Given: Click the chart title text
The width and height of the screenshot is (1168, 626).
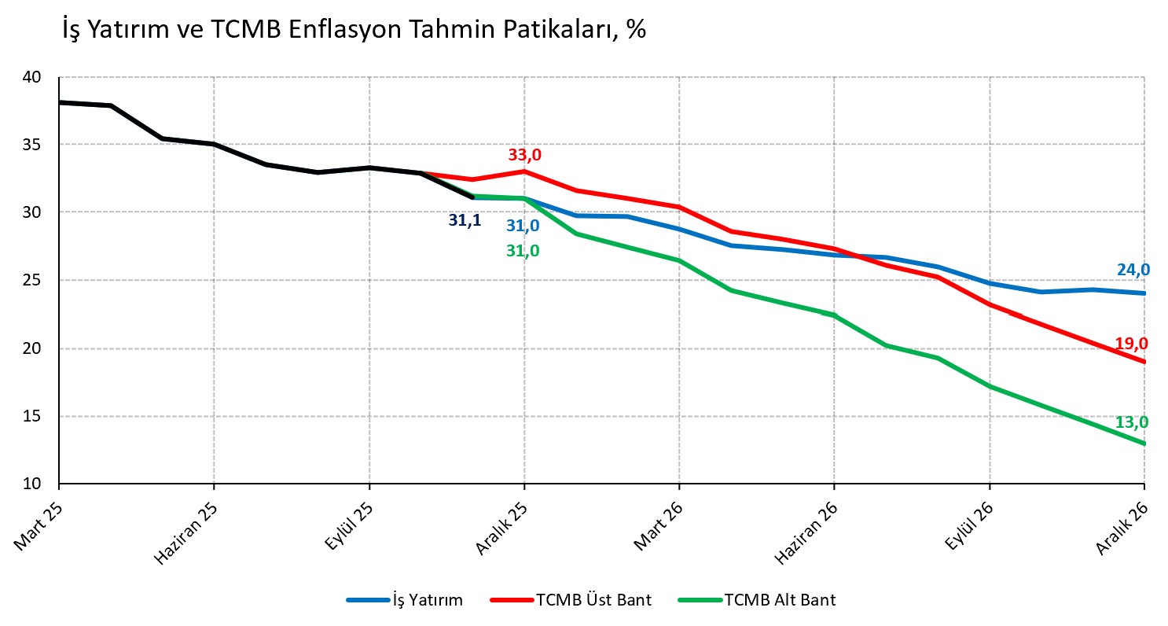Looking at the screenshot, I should tap(354, 29).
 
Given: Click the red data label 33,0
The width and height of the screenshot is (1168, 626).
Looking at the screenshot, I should tap(524, 156).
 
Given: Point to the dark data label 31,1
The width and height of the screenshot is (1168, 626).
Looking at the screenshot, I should tap(465, 221).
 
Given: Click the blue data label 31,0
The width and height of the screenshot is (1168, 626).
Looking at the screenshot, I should tap(523, 226).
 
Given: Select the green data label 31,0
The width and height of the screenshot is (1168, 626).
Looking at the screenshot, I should tap(523, 252).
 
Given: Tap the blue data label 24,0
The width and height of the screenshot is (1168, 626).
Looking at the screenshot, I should tap(1133, 271).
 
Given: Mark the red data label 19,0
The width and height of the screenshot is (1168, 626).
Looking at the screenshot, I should tap(1131, 344).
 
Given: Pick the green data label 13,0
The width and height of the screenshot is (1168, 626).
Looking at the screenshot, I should tap(1131, 423).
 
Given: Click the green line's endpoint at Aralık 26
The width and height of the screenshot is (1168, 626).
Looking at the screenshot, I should tap(1144, 444).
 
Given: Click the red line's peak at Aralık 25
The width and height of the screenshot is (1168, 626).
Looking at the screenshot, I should tap(524, 171).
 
